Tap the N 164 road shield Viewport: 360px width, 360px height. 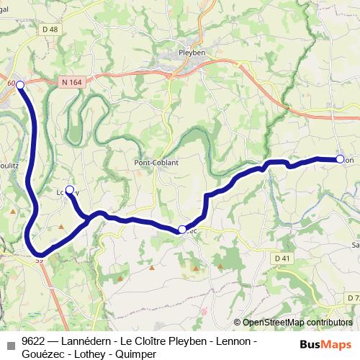click(x=72, y=83)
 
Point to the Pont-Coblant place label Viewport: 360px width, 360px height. click(x=156, y=163)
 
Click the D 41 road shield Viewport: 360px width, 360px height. click(x=282, y=257)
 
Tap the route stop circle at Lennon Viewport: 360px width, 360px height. click(x=340, y=159)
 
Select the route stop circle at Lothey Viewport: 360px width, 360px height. click(x=70, y=190)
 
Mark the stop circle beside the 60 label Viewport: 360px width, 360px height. click(x=20, y=85)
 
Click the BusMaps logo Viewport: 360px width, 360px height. click(x=325, y=344)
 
